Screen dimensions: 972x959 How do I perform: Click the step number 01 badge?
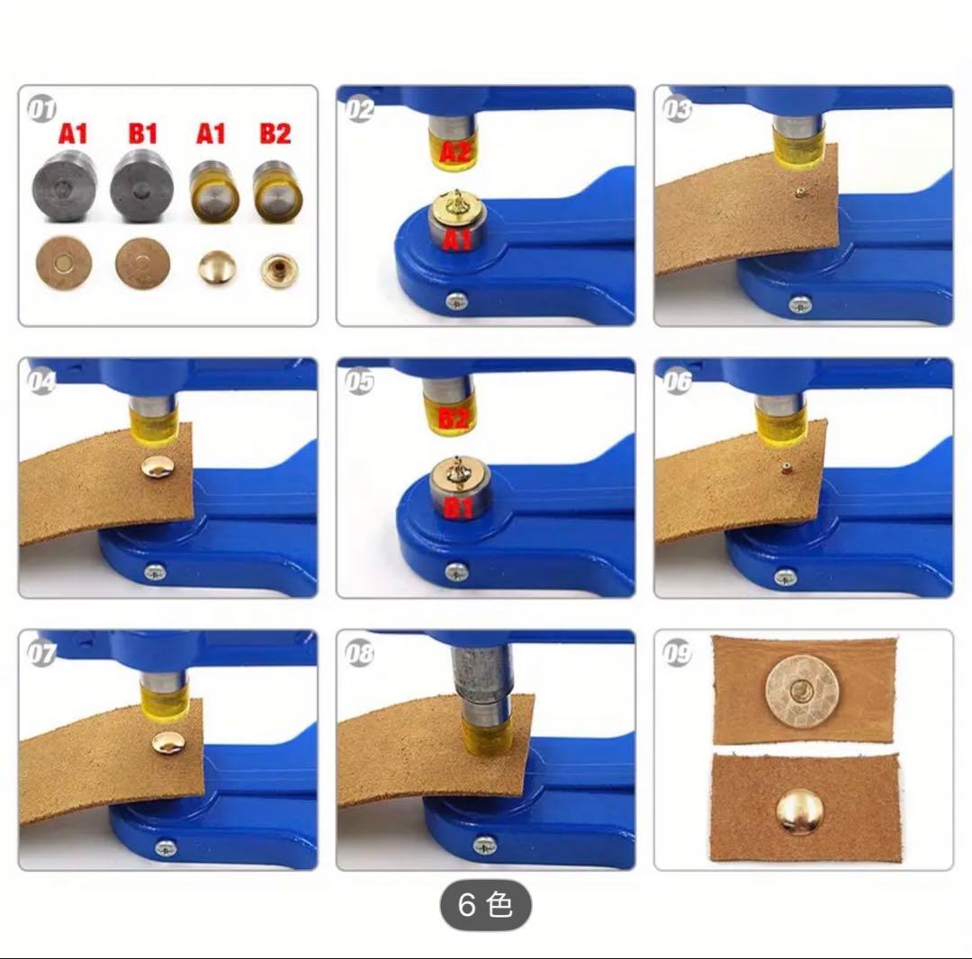41,109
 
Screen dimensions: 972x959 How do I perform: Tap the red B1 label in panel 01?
142,133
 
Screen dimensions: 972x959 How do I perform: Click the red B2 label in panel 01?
275,133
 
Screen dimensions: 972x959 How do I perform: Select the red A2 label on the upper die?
455,151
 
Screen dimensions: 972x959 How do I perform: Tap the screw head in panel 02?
456,302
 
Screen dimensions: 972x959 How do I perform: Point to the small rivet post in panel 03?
800,193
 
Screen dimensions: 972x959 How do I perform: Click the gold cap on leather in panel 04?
157,466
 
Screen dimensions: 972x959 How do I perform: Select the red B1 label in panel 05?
459,507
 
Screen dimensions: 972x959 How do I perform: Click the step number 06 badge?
677,380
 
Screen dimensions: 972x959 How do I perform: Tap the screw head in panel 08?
485,845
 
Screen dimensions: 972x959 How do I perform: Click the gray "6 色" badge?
485,905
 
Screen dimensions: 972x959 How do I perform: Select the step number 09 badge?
677,653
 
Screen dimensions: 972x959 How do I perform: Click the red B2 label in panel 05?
454,418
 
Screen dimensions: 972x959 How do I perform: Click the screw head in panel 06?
786,577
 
